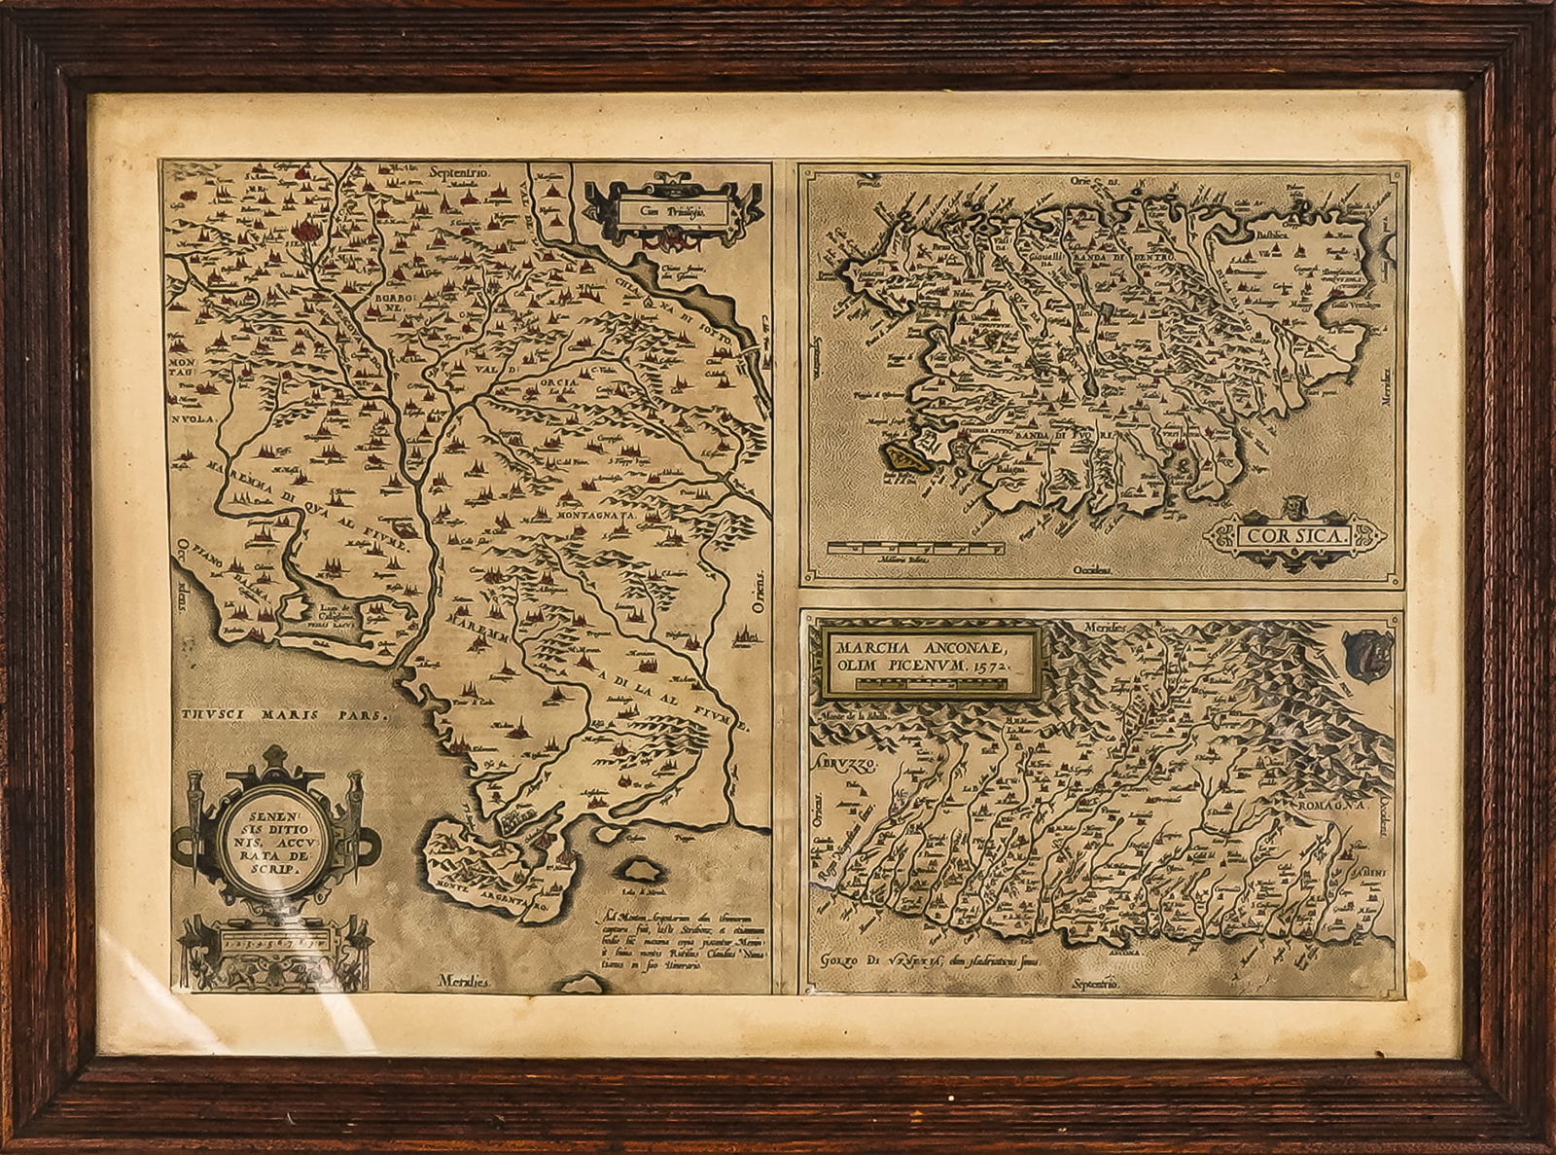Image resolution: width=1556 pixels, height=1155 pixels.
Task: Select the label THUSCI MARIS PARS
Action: [x=282, y=713]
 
